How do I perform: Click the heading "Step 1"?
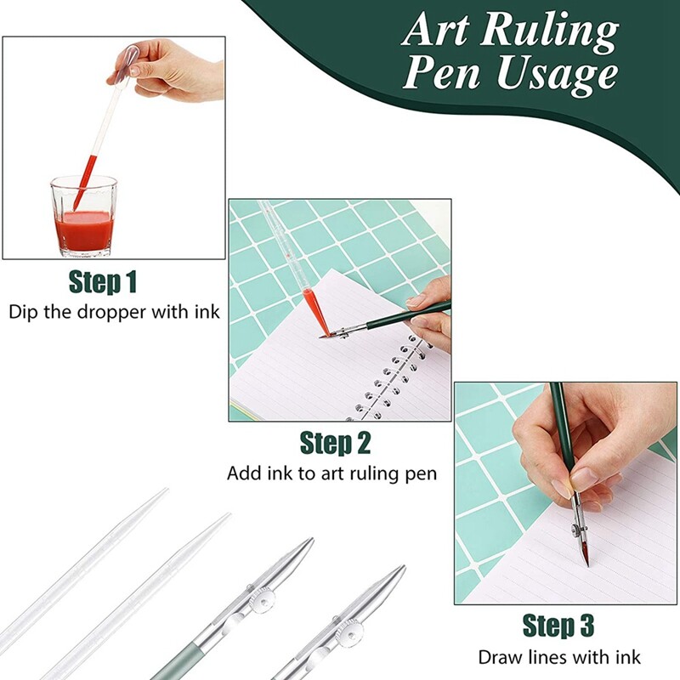coord(103,282)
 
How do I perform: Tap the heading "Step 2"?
coord(336,443)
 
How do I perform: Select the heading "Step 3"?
coord(558,626)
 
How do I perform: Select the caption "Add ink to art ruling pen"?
coord(331,473)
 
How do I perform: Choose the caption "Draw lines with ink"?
coord(559,657)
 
